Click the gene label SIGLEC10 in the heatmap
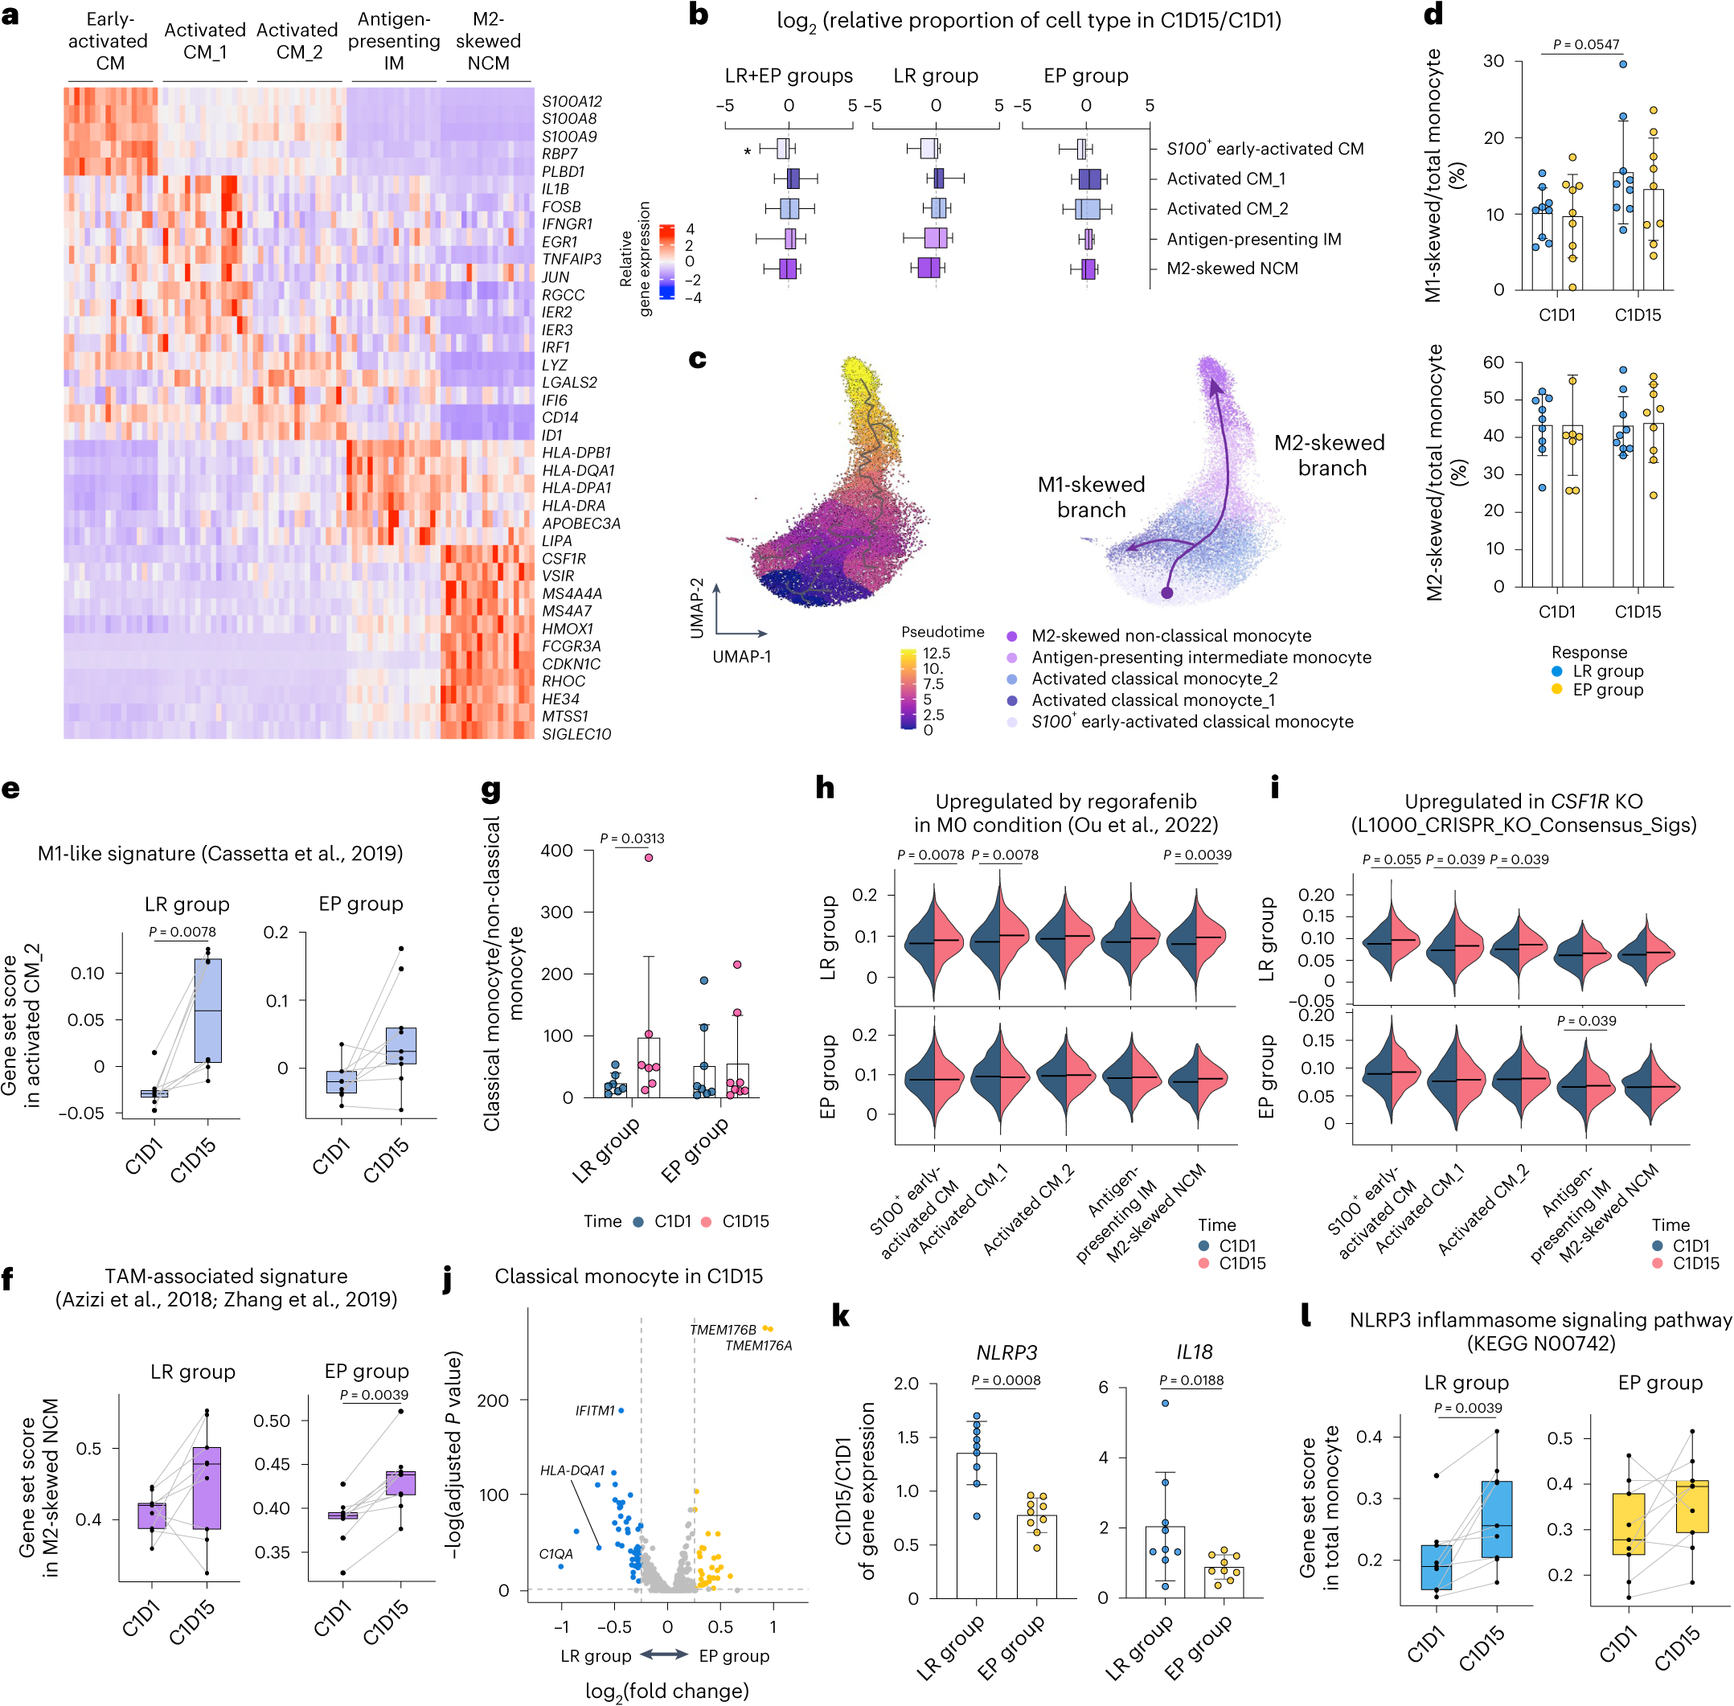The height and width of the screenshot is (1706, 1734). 576,735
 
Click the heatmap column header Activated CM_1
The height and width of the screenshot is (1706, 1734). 204,41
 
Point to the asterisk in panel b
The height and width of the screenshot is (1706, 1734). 748,152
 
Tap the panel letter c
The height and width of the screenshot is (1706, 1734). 697,359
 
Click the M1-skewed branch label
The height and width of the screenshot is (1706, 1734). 1091,498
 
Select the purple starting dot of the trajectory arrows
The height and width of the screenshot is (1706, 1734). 1166,593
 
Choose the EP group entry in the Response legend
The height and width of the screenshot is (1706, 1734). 1608,690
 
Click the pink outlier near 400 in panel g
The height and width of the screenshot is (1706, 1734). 648,858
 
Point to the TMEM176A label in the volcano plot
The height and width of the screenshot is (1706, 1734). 758,1346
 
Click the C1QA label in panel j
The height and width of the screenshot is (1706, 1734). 555,1554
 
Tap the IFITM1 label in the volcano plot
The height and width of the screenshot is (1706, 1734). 594,1410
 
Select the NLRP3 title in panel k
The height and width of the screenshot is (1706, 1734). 1006,1353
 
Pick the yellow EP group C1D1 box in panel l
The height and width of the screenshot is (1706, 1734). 1627,1524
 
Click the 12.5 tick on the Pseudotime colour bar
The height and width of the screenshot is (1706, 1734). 937,653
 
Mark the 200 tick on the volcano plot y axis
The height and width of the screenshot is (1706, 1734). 493,1400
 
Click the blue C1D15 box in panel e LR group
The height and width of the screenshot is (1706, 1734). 208,1010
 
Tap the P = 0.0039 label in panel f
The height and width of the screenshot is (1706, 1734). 374,1395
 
